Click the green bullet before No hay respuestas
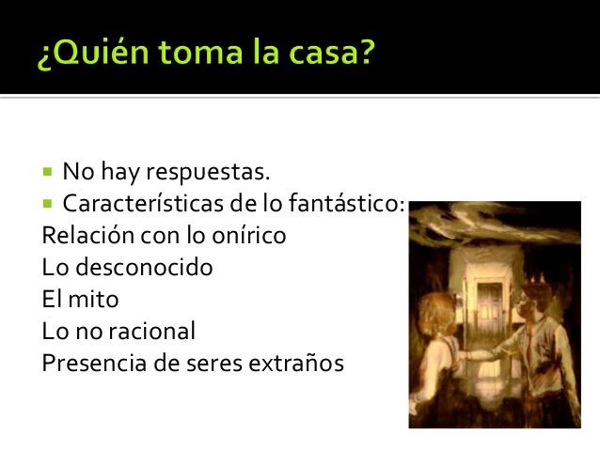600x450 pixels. [48, 172]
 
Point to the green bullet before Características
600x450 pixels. [48, 202]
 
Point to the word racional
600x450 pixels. [150, 331]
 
